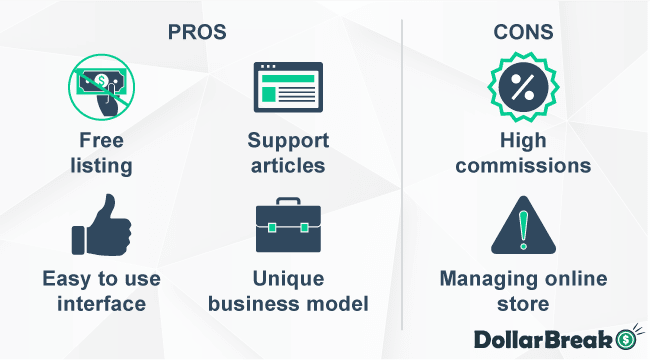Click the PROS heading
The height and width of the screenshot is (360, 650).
pos(196,32)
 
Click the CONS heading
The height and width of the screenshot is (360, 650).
pos(523,32)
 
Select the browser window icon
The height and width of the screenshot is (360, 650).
pos(288,89)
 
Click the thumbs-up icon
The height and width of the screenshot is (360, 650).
pos(101,224)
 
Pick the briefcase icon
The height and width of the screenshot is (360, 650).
pos(288,225)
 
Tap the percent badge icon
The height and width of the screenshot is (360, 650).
pos(523,88)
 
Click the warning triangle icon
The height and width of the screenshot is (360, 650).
pos(523,226)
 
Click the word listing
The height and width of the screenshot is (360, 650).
pos(102,163)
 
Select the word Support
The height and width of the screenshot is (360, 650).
pos(288,139)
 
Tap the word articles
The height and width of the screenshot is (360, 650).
pos(288,163)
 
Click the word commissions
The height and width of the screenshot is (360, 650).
pos(523,163)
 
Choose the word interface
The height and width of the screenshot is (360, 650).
pos(101,301)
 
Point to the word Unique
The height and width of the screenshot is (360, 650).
pos(288,277)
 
